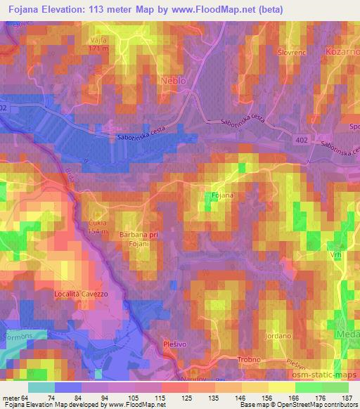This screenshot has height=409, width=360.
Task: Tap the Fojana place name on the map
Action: [223, 193]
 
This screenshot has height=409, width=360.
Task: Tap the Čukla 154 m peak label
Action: [96, 226]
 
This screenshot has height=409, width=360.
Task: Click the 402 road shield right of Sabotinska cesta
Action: [301, 141]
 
